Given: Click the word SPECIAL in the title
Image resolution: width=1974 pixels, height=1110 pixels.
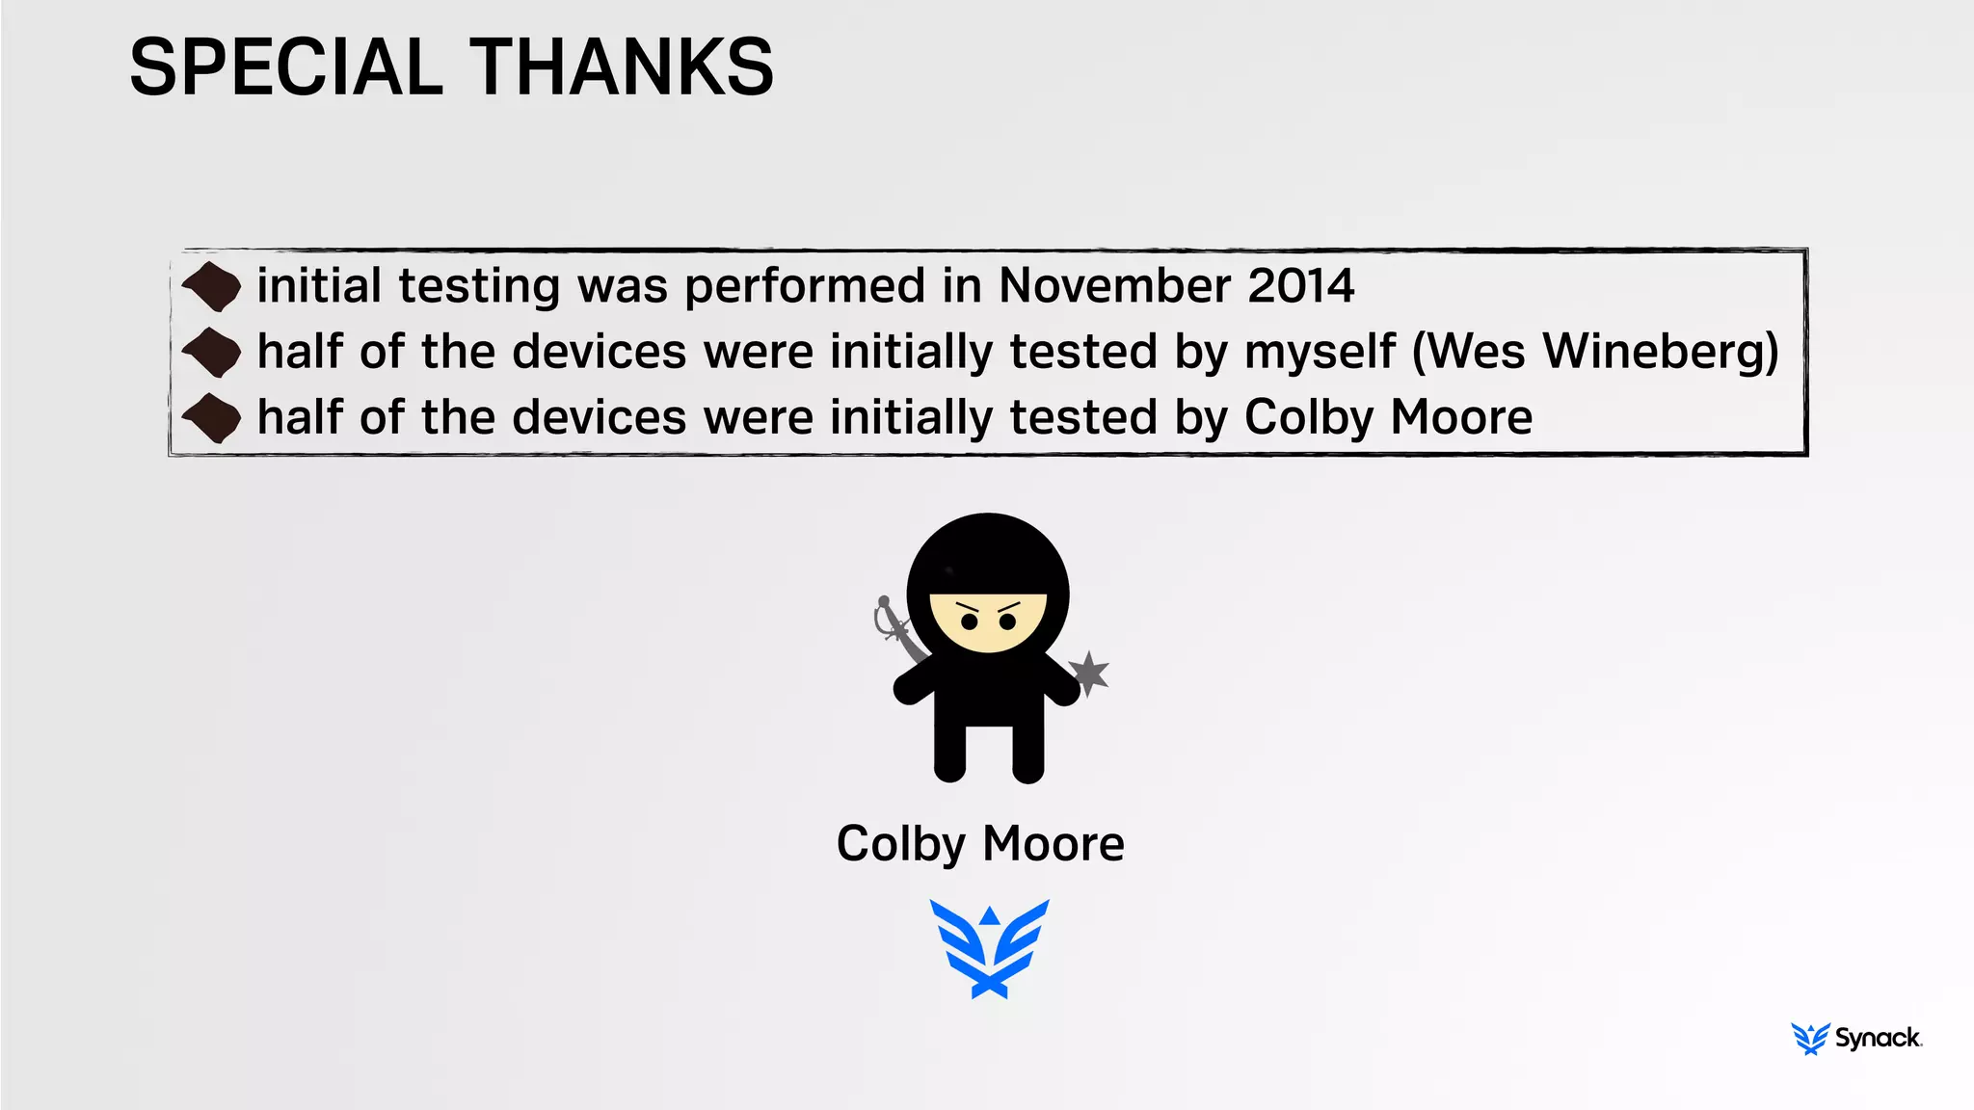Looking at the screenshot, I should coord(285,67).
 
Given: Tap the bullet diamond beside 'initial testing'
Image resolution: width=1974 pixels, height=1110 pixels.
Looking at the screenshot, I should coord(212,287).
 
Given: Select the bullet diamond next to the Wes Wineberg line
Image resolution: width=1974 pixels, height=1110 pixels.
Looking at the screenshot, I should coord(212,353).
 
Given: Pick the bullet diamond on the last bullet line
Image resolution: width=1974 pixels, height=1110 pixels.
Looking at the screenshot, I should coord(212,419).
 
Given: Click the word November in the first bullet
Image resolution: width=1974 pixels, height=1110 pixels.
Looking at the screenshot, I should coord(1113,286).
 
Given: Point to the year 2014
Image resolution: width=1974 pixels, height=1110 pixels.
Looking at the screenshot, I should coord(1301,286).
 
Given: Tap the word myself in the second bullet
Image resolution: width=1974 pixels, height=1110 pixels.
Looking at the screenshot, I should coord(1320,352).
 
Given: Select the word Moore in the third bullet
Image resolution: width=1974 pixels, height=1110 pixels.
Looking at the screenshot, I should coord(1461,418).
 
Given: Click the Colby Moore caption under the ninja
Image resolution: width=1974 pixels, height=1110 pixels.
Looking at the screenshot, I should coord(980,844).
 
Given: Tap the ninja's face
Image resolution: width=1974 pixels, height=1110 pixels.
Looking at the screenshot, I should coord(988,621).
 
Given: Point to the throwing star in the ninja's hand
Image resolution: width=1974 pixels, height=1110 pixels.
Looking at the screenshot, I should coord(1089,673).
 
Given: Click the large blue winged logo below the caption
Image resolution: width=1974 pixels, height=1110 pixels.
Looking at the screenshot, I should coord(989,949).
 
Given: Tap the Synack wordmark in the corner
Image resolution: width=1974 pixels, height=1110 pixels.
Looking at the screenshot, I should coord(1878,1038).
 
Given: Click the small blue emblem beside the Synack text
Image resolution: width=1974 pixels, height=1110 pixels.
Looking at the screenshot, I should coord(1810,1039).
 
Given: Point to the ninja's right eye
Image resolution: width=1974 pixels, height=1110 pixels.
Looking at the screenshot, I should coord(970,621).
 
